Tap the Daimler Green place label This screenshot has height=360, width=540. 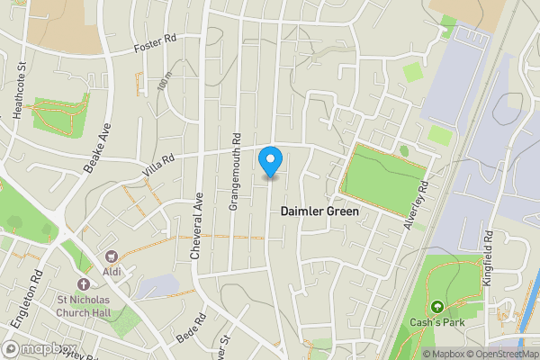coord(319,211)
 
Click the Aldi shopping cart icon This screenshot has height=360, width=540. coord(112,259)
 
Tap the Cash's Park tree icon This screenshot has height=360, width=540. coord(437,308)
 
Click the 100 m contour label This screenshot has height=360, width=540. coord(162,85)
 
